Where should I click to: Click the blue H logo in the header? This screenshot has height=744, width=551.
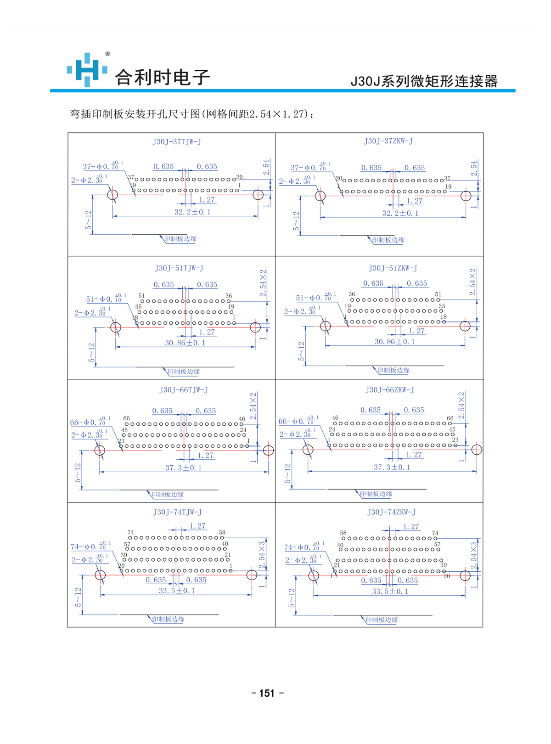click(87, 70)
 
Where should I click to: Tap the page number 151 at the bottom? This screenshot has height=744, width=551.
click(267, 693)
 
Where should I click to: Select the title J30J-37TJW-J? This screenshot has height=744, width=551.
click(177, 142)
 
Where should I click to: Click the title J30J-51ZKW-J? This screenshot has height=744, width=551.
click(393, 268)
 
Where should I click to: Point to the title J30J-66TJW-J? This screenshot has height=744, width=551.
click(184, 390)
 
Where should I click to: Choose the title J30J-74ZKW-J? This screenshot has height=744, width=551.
click(391, 512)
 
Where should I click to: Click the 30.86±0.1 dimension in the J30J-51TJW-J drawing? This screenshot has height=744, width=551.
click(185, 343)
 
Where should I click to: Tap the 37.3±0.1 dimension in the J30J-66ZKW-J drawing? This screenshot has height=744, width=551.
click(392, 467)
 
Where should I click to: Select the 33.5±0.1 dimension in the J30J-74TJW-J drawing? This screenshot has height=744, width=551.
click(177, 591)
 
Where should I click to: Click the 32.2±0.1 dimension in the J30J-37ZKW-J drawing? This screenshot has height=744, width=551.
click(400, 213)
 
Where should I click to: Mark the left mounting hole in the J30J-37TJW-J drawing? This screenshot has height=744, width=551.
click(112, 195)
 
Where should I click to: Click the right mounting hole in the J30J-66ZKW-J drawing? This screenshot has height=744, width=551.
click(477, 450)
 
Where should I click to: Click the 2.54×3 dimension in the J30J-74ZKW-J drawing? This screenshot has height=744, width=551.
click(473, 556)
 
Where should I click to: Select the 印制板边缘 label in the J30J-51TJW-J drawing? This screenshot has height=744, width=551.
click(184, 372)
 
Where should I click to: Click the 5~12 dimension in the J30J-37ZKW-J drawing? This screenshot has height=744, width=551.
click(296, 220)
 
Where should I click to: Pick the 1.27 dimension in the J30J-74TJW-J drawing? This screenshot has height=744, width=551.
click(197, 526)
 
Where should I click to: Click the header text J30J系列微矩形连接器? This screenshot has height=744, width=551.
click(424, 81)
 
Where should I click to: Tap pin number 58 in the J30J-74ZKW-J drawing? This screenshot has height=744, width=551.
click(343, 533)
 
